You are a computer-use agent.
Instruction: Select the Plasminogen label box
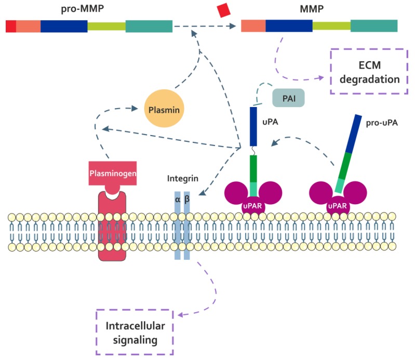tap(112, 174)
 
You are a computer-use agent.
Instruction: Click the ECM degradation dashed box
tap(367, 72)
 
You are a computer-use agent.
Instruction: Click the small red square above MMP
tap(223, 10)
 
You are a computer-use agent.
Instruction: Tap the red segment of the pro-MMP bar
tap(11, 26)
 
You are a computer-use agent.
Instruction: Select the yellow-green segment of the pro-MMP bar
tap(106, 26)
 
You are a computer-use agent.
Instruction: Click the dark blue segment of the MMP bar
tap(289, 26)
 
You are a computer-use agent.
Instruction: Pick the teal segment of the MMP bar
tap(373, 26)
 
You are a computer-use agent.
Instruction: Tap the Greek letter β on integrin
tap(187, 198)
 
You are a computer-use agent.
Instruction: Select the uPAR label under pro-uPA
tap(338, 206)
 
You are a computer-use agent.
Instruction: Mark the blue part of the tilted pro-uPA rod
tap(353, 132)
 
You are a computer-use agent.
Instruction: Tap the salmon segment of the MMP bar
tap(253, 26)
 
